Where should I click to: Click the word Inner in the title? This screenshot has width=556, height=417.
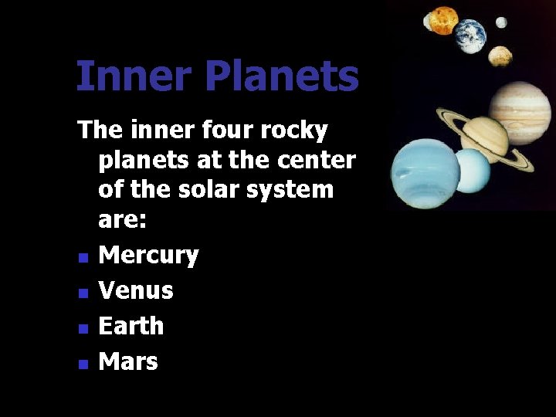pyautogui.click(x=123, y=76)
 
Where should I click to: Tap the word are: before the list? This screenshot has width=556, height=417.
pyautogui.click(x=123, y=219)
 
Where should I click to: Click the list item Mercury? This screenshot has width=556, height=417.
pyautogui.click(x=149, y=256)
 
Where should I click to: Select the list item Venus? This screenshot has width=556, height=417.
pyautogui.click(x=136, y=291)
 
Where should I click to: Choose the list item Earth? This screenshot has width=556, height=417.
pyautogui.click(x=131, y=326)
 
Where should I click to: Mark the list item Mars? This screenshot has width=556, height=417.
pyautogui.click(x=128, y=361)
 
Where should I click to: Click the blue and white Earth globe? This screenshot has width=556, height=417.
pyautogui.click(x=470, y=36)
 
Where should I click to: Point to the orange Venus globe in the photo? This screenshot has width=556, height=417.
pyautogui.click(x=444, y=20)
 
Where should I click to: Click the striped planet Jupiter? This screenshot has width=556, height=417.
pyautogui.click(x=520, y=112)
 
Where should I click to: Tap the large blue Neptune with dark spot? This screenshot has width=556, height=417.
pyautogui.click(x=425, y=173)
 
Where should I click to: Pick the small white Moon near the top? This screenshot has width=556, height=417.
pyautogui.click(x=501, y=22)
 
